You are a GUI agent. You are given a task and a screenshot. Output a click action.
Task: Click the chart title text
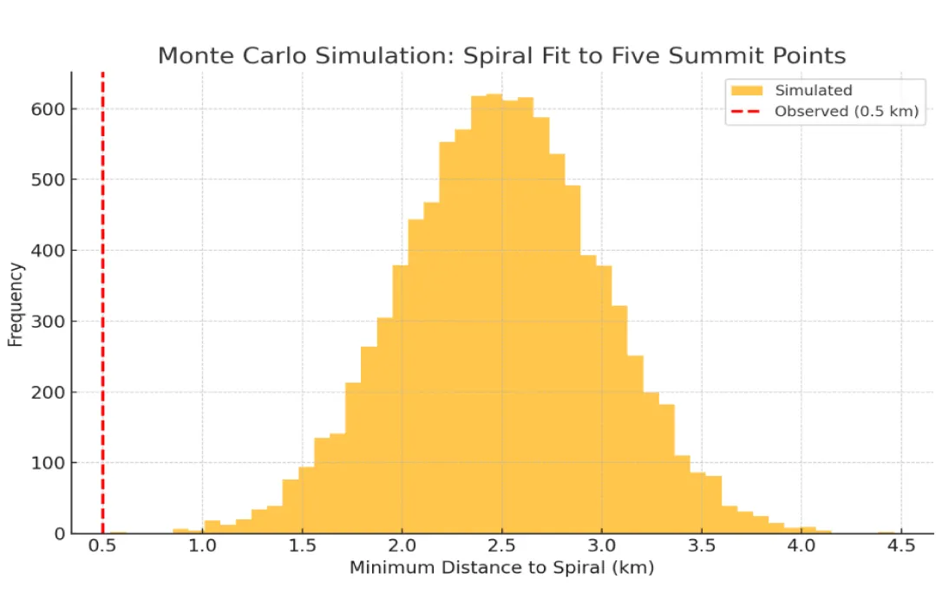500,56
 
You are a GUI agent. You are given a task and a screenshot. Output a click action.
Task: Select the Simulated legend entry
813,90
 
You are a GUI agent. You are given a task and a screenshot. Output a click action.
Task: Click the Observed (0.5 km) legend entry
846,111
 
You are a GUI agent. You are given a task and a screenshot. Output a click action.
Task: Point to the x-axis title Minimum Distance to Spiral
500,569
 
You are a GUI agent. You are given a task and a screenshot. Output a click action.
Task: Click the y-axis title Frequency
16,304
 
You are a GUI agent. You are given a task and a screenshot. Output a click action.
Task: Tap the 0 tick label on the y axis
60,534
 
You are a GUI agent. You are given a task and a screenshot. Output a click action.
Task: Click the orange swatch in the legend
747,90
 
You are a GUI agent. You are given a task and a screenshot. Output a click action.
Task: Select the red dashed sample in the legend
747,111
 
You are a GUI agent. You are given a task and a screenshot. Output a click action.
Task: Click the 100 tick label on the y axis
50,463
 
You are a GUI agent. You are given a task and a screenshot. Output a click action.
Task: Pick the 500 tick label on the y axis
50,180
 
